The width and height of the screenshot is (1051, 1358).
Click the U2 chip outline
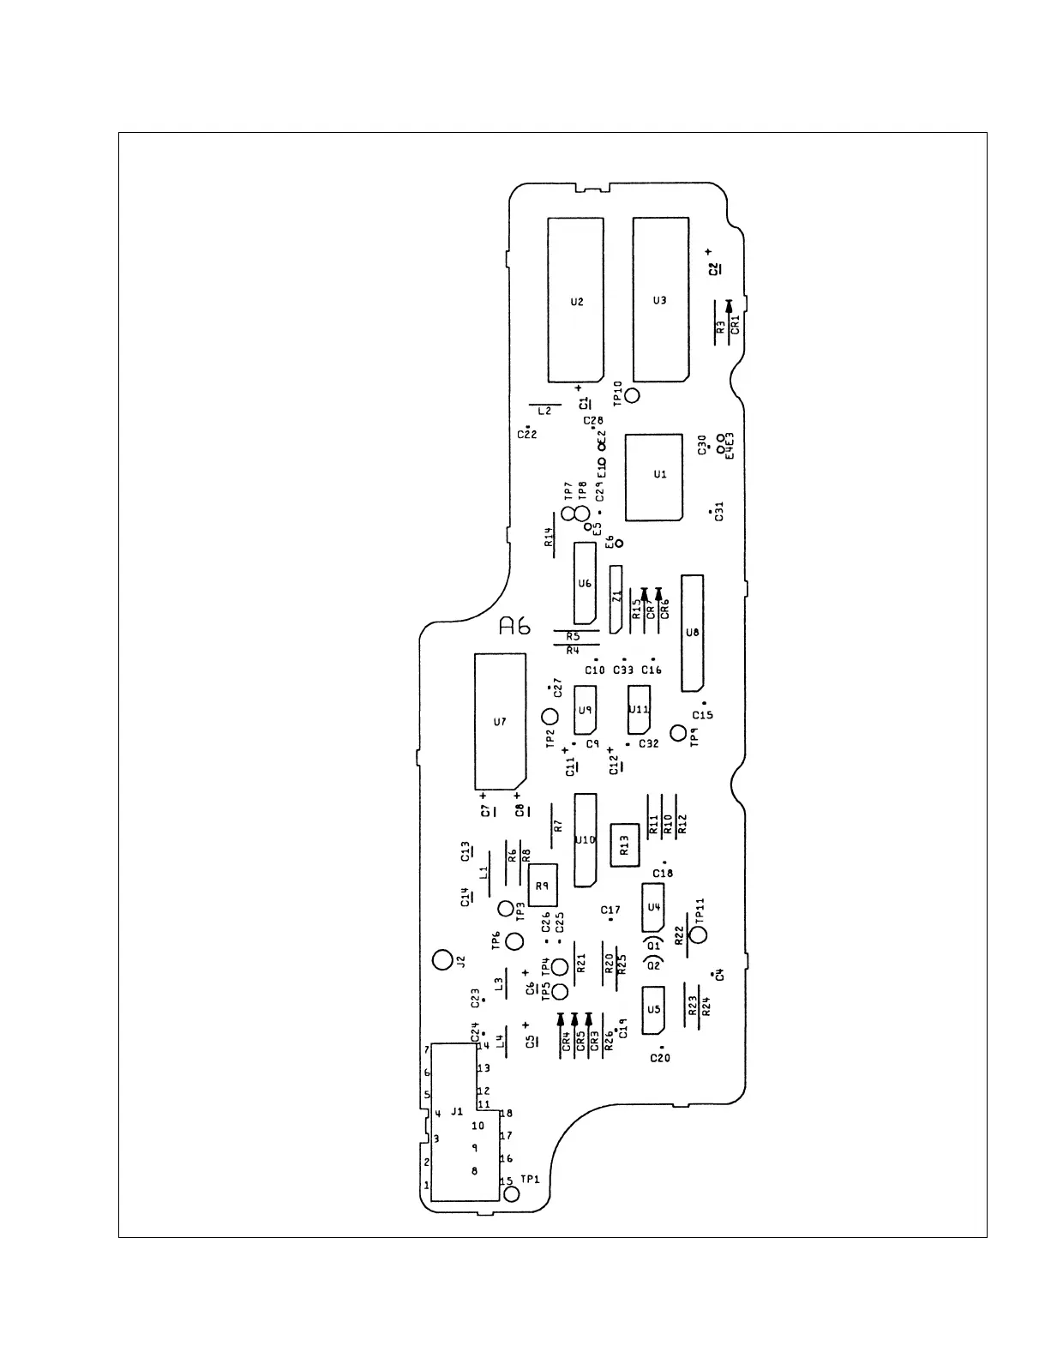[x=576, y=300]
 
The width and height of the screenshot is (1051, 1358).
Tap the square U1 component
[x=654, y=477]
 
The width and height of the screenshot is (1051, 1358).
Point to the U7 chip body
[x=500, y=722]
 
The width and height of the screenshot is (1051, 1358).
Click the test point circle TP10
[x=633, y=395]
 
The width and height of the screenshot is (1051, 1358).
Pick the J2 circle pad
[x=441, y=959]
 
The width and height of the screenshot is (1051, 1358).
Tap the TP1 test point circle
[x=511, y=1193]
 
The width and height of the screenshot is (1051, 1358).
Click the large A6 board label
[x=515, y=627]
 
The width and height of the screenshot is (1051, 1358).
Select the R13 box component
[x=625, y=844]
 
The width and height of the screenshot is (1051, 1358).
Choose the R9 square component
[x=542, y=886]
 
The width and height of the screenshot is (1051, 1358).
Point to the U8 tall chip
[x=692, y=633]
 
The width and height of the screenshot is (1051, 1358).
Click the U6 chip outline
[x=585, y=583]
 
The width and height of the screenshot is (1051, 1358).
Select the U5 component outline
[x=654, y=1010]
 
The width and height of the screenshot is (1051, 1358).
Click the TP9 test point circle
[x=679, y=733]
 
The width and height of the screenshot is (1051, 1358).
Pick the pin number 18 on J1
[x=506, y=1114]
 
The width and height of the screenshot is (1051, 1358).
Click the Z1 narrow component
[x=616, y=598]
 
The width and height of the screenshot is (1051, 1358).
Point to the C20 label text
[x=659, y=1058]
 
